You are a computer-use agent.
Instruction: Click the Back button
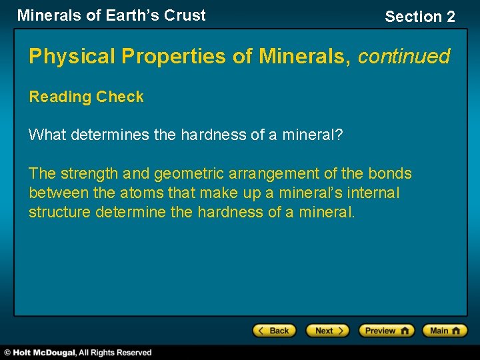coord(274,331)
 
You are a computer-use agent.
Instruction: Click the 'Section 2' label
coord(420,17)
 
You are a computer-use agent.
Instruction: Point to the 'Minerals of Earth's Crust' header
coord(111,15)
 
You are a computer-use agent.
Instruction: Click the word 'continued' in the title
coord(404,56)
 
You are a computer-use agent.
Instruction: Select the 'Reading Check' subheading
coord(86,97)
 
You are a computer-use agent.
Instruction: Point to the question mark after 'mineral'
coord(339,135)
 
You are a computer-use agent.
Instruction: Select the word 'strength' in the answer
coord(89,174)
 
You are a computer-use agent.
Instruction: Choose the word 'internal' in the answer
coord(376,193)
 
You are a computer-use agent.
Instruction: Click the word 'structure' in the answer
coord(60,213)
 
